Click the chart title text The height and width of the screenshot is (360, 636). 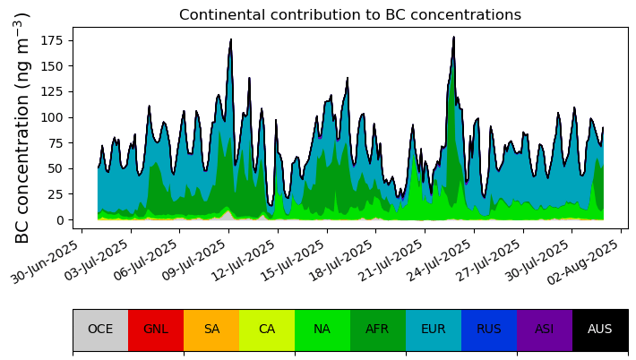tap(349, 15)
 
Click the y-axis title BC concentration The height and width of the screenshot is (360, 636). tap(23, 128)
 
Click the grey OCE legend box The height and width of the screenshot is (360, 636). tap(100, 330)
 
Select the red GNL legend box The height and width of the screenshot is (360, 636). tap(156, 330)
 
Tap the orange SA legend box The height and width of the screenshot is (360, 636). tap(211, 330)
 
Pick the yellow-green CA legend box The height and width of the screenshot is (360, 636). tap(267, 330)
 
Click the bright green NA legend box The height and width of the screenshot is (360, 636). tap(322, 330)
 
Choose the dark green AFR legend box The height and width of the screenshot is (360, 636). tap(378, 330)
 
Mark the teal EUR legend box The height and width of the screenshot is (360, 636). tap(434, 330)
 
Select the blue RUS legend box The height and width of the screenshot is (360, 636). tap(489, 330)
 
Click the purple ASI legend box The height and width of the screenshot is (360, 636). tap(545, 330)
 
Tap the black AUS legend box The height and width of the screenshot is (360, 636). tap(600, 330)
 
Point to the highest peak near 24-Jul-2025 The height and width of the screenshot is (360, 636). tap(454, 38)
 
